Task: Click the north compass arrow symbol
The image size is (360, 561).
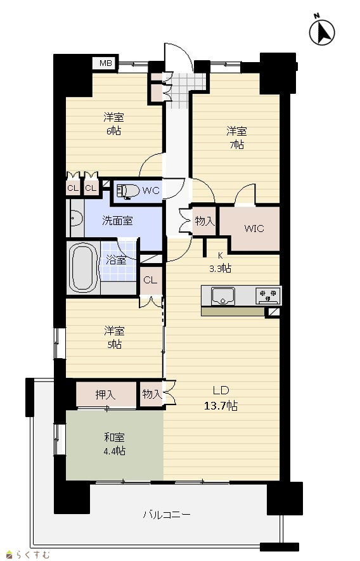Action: click(x=322, y=32)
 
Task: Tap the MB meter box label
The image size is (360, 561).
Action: click(x=106, y=63)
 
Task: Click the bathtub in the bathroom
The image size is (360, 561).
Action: click(x=84, y=268)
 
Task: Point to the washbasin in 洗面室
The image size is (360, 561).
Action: click(x=76, y=218)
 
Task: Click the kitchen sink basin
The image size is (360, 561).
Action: click(x=223, y=296)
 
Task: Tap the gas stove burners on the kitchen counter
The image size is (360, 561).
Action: click(x=268, y=295)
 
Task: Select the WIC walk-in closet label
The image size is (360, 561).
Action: click(x=254, y=228)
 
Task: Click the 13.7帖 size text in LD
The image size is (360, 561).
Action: click(x=221, y=406)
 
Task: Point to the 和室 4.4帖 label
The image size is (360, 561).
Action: click(x=115, y=444)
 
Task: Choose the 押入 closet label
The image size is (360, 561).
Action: click(x=106, y=395)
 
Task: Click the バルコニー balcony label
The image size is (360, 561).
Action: click(x=167, y=515)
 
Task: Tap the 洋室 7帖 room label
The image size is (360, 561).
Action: click(x=236, y=138)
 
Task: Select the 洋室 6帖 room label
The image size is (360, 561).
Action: click(x=114, y=124)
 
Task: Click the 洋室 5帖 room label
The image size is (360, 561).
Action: click(x=115, y=337)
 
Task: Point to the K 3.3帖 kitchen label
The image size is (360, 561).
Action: click(x=221, y=262)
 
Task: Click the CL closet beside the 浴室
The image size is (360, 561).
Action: click(x=150, y=280)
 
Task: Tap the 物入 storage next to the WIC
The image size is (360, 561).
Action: click(x=204, y=221)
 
